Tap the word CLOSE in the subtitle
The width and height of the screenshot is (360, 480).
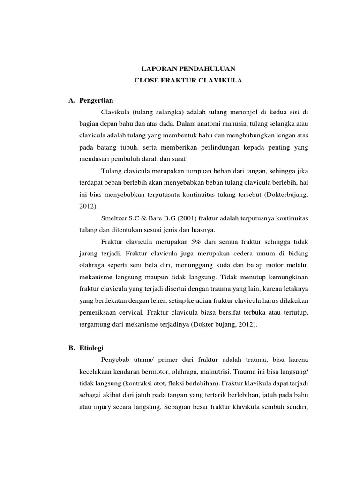pyautogui.click(x=147, y=81)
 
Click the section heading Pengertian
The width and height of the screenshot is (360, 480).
pyautogui.click(x=97, y=100)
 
